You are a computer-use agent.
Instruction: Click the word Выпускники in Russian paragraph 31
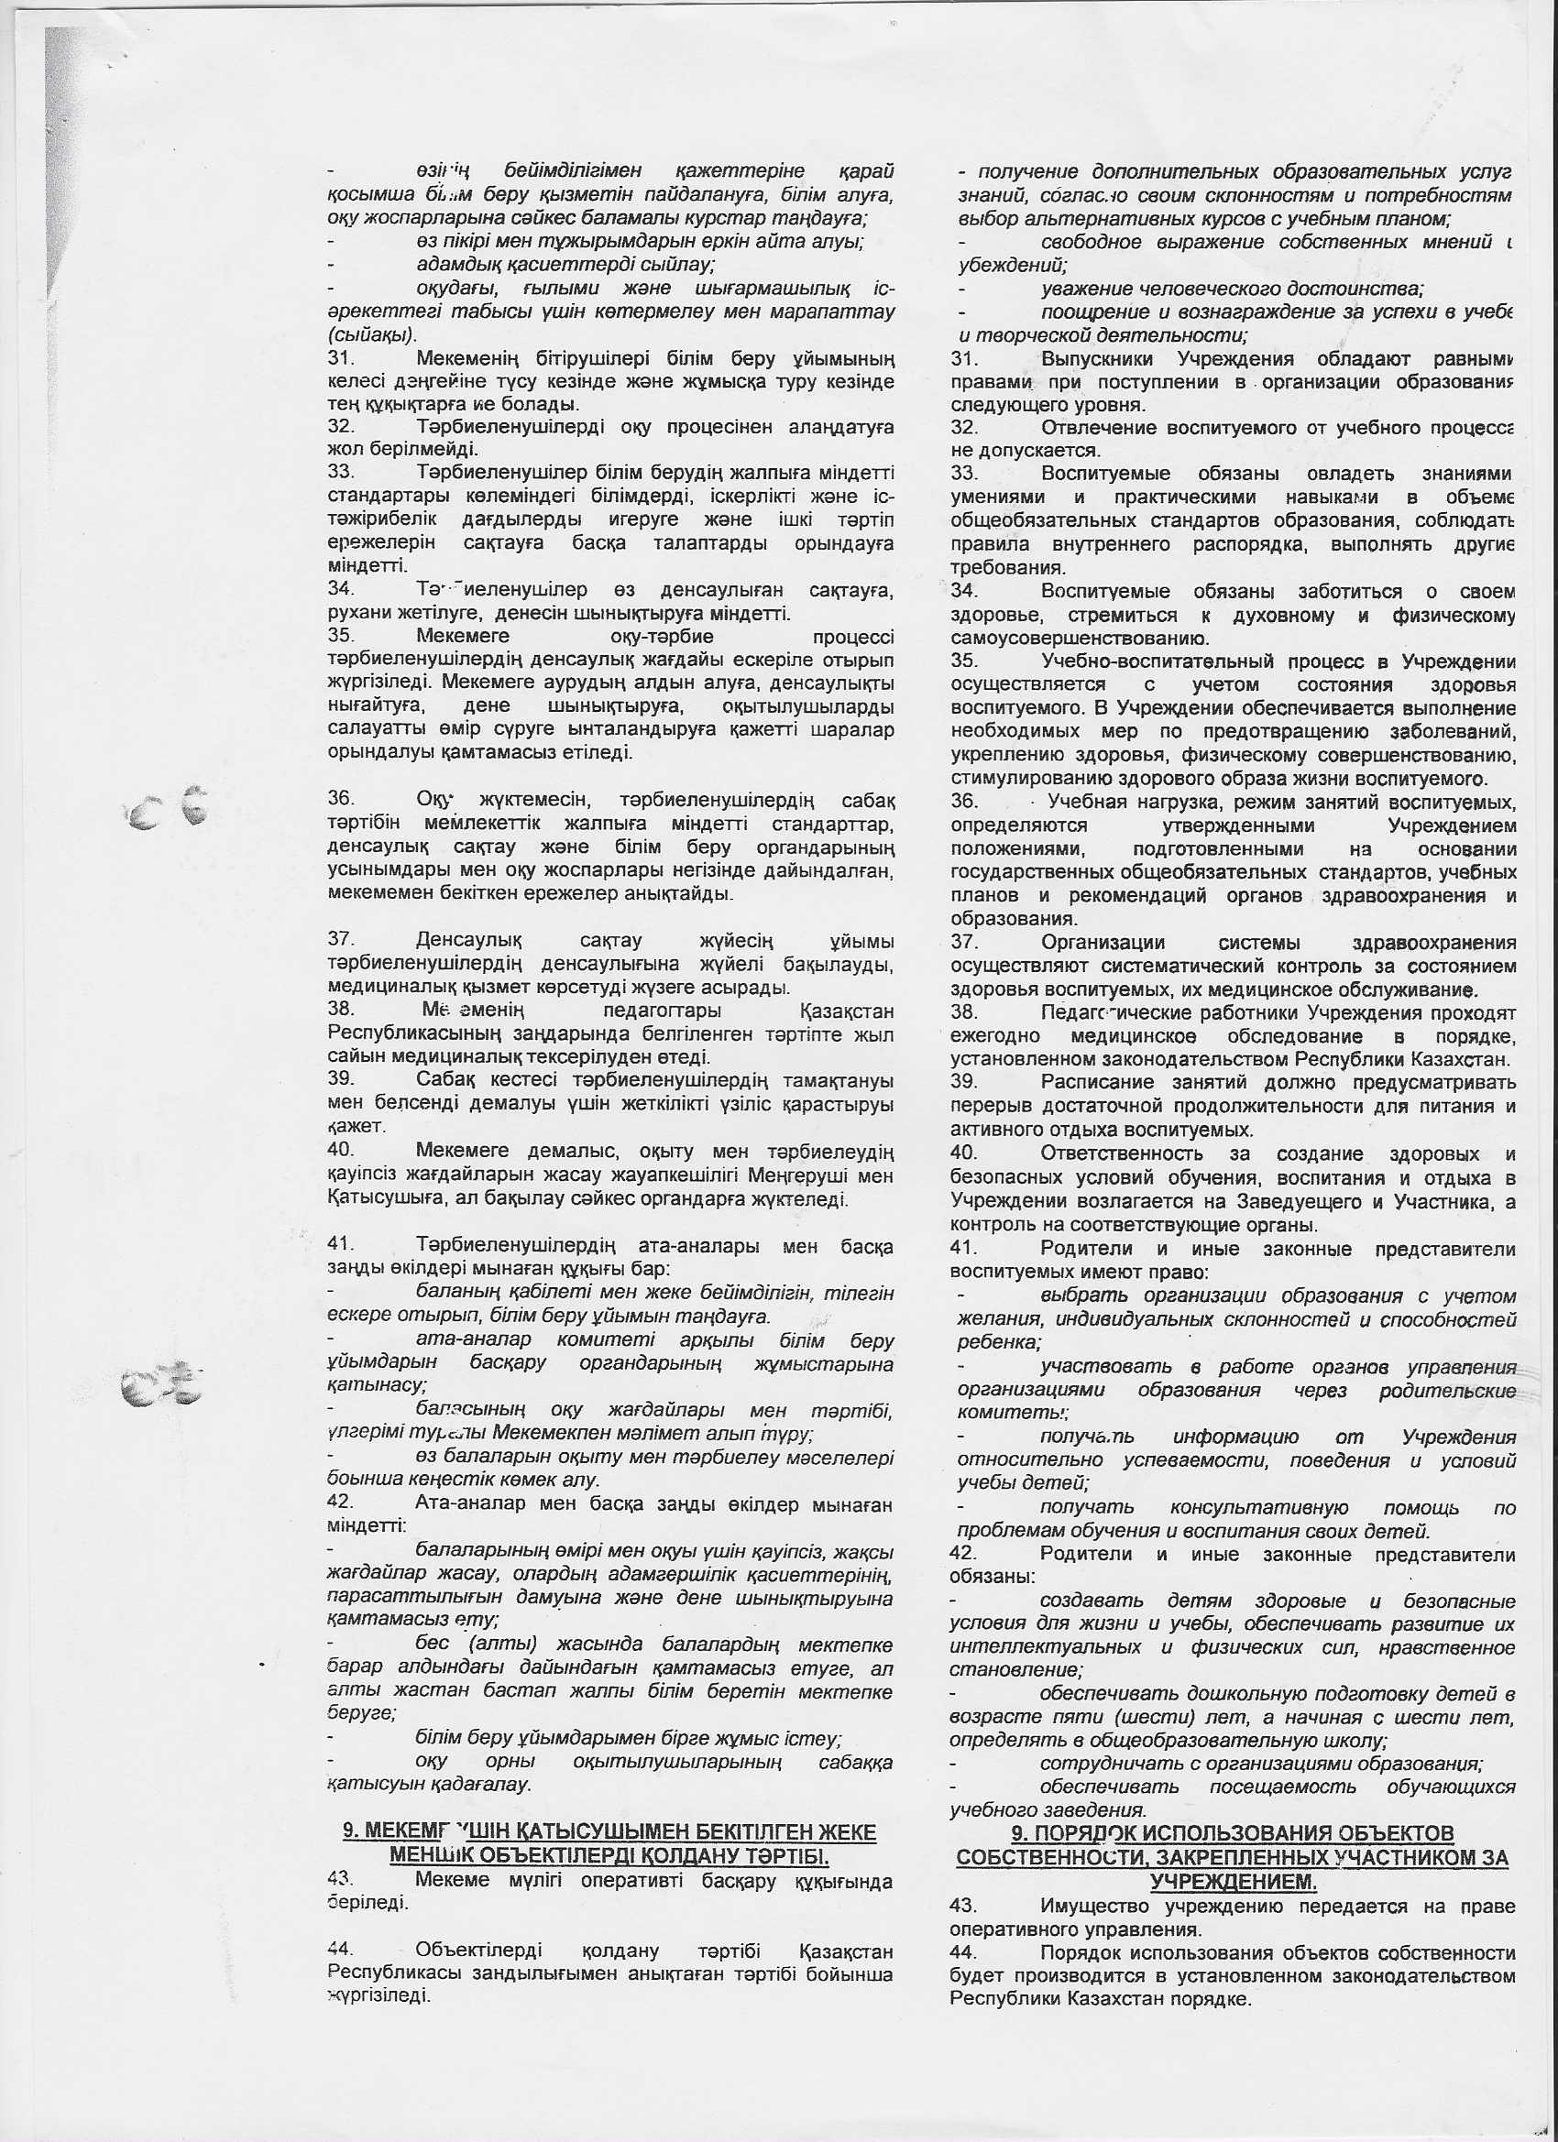pyautogui.click(x=1100, y=359)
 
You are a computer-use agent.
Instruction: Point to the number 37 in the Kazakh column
pyautogui.click(x=340, y=941)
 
